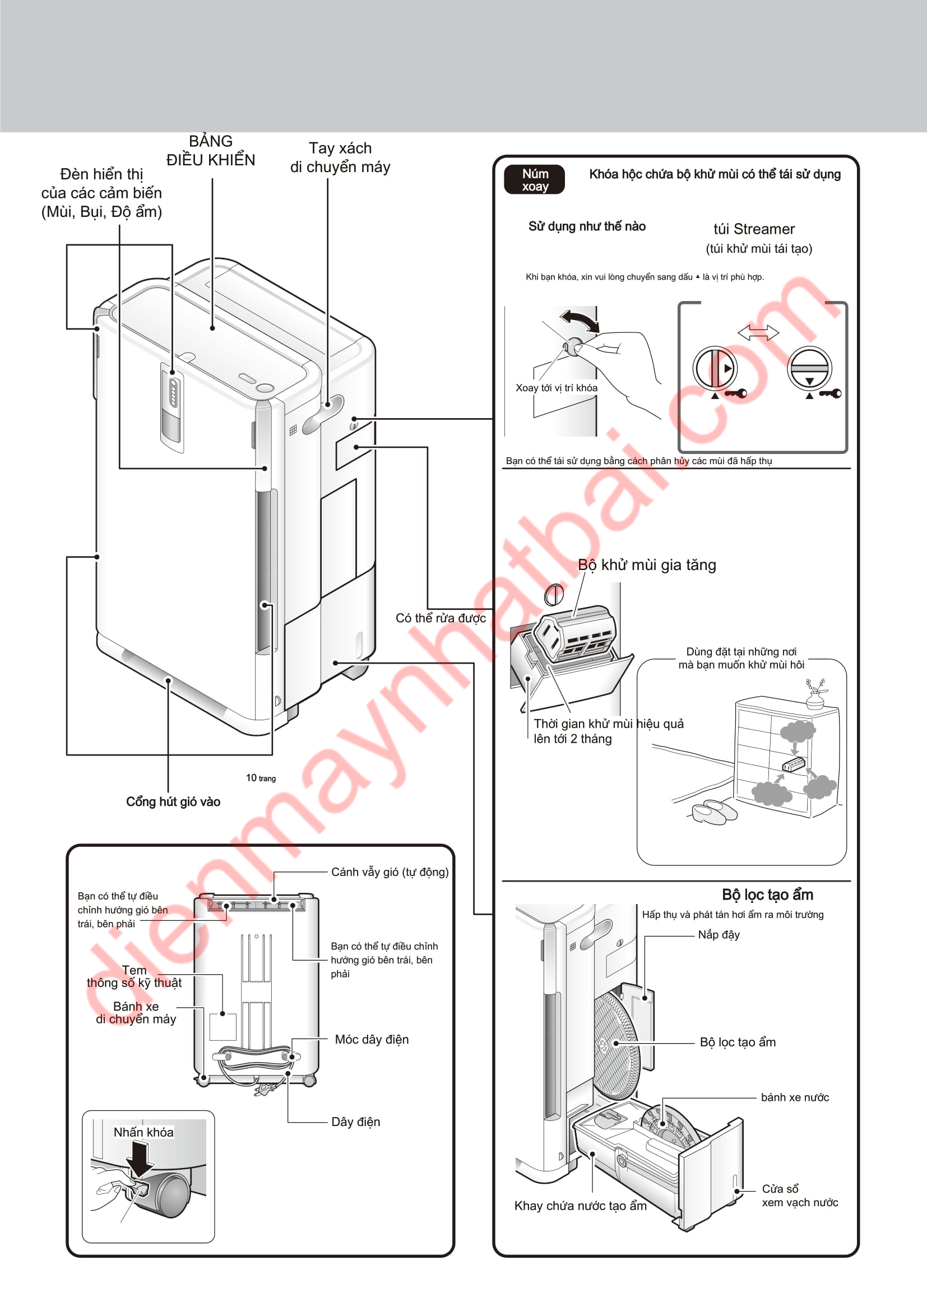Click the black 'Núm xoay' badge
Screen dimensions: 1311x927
[x=534, y=180]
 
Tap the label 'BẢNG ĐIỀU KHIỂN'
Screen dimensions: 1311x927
[x=211, y=151]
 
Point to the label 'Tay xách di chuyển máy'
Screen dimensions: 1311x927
[x=340, y=157]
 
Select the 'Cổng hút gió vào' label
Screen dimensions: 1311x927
[x=173, y=802]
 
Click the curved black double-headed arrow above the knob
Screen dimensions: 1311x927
[x=580, y=321]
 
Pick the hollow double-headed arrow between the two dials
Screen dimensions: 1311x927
[x=758, y=332]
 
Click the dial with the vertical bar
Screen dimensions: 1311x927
[x=715, y=368]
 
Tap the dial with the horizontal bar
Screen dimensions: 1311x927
[x=809, y=368]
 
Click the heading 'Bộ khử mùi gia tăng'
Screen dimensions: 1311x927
[x=647, y=565]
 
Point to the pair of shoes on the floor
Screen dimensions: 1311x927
[x=713, y=812]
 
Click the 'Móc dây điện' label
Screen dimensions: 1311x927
[x=372, y=1039]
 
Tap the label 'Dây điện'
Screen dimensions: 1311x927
[x=356, y=1122]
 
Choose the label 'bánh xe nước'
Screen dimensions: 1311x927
[x=795, y=1097]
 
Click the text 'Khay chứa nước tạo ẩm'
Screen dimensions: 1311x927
[x=580, y=1206]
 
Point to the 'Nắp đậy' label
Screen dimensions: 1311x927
[x=719, y=935]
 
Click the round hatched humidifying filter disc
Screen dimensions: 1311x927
[x=614, y=1045]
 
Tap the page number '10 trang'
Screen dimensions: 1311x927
[x=261, y=778]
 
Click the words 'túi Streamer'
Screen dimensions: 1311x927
[x=754, y=229]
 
